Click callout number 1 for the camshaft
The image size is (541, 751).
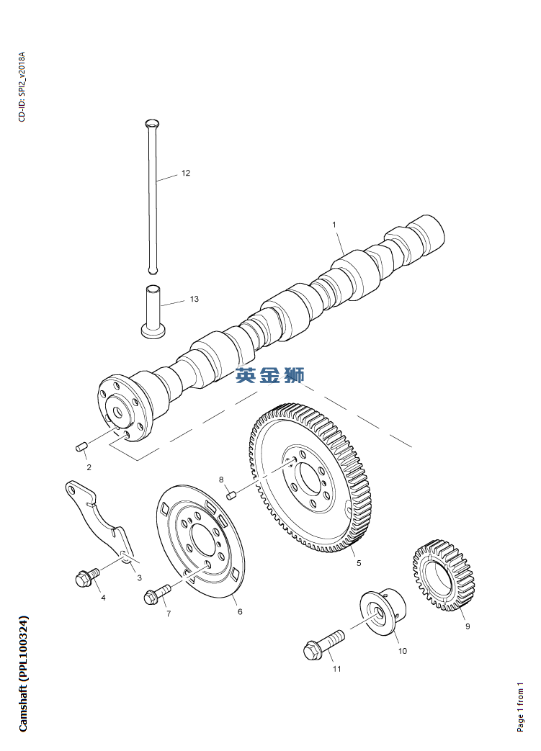click(x=334, y=225)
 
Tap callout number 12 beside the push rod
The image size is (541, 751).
click(x=186, y=174)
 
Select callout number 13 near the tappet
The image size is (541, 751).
click(x=194, y=299)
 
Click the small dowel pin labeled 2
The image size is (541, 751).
click(x=81, y=447)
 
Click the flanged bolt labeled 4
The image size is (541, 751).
click(x=86, y=577)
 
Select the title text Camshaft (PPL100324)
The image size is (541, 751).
click(x=24, y=673)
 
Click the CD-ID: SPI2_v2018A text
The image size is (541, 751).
click(x=22, y=86)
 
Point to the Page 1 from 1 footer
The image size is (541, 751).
click(x=521, y=706)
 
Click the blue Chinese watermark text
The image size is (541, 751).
click(x=270, y=374)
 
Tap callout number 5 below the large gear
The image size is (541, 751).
click(x=359, y=563)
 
